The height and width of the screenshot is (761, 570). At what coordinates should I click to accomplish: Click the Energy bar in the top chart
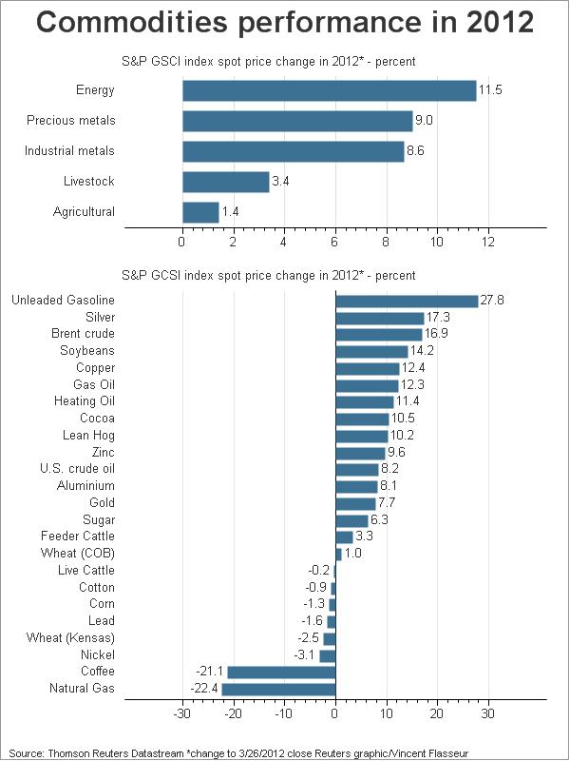coord(330,90)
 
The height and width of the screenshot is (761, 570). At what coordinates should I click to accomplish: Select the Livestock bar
coord(226,182)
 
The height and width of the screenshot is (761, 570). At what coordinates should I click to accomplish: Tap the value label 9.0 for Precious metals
coord(424,121)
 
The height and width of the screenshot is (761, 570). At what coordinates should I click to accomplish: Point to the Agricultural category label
coord(84,212)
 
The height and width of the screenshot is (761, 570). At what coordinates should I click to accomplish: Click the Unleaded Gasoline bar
coord(408,301)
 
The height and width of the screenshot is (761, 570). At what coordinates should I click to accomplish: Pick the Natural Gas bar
coord(278,689)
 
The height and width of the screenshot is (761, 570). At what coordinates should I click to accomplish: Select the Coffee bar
coord(281,673)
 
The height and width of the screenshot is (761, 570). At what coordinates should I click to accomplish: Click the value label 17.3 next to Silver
coord(438,318)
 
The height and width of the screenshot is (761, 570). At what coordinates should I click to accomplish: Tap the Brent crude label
coord(83,334)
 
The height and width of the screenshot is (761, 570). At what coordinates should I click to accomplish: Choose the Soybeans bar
coord(371,351)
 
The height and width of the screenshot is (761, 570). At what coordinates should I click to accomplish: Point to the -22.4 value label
coord(204,689)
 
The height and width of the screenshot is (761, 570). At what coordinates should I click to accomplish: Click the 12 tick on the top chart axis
coord(488,242)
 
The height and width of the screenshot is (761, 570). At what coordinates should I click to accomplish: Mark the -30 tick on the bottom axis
coord(182,714)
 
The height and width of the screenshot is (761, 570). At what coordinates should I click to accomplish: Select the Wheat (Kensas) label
coord(70,637)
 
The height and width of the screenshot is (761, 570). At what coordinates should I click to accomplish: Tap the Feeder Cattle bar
coord(344,537)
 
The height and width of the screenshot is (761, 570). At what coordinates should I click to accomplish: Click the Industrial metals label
coord(69,151)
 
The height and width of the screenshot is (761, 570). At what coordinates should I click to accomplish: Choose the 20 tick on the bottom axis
coord(437,714)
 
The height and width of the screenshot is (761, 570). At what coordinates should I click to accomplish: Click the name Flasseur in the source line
coord(449,753)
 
